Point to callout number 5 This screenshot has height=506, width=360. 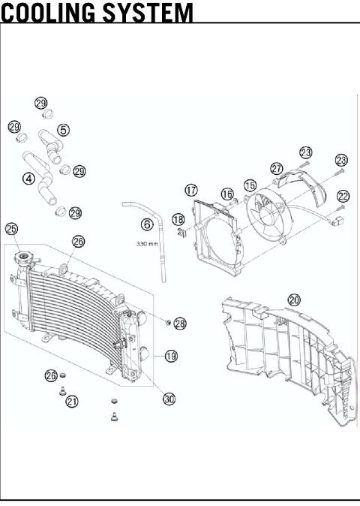(x=64, y=130)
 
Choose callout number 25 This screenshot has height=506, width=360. (x=12, y=228)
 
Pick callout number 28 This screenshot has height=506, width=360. (x=180, y=324)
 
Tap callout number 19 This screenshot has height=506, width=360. (x=171, y=356)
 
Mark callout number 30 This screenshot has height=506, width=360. (x=169, y=399)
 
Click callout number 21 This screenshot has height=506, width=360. (x=72, y=402)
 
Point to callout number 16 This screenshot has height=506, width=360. (x=226, y=194)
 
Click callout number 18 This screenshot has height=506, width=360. (x=178, y=219)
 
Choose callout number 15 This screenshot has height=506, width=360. (x=250, y=184)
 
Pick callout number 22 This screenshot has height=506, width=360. (x=343, y=196)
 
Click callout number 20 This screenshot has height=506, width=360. (x=294, y=300)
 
